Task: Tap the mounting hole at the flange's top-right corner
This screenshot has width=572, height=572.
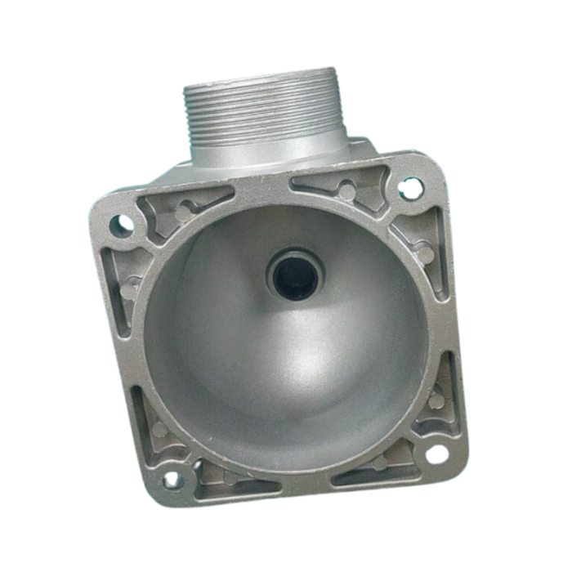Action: (x=411, y=189)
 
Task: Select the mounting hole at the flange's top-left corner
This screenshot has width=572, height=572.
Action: (x=121, y=223)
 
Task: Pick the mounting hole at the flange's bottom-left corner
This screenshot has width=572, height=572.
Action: (x=172, y=479)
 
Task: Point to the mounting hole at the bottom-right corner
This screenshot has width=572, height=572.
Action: (x=438, y=454)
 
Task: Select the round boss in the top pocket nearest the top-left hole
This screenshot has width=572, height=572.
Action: (x=185, y=211)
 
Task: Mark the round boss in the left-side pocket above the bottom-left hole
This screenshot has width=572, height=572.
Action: (x=159, y=428)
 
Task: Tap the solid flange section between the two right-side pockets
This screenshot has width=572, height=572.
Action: (x=441, y=327)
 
